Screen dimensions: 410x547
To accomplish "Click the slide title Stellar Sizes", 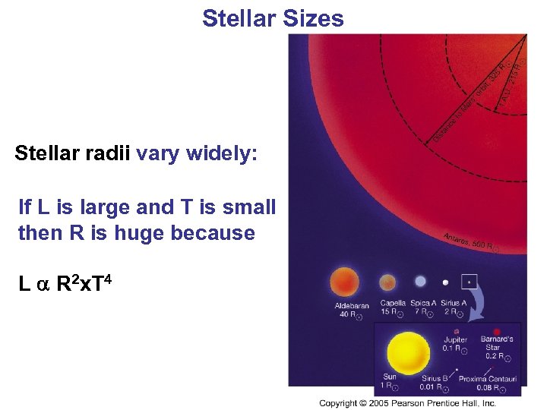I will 273,17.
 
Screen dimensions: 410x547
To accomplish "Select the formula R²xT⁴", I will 84,284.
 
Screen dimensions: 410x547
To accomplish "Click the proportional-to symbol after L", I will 43,285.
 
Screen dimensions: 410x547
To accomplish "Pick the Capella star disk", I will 388,282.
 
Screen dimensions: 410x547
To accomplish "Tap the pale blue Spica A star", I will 420,282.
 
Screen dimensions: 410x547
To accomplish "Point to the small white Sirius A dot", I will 445,282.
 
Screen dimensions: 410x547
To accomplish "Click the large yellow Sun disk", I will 409,352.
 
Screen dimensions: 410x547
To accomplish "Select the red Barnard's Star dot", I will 497,331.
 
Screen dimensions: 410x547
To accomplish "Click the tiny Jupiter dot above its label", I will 456,332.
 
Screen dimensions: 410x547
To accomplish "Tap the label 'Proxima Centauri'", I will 488,379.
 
